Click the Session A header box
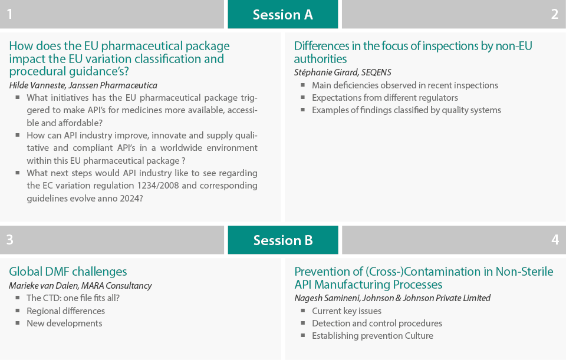click(282, 14)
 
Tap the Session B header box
click(283, 240)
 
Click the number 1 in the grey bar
click(10, 14)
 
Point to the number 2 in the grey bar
click(555, 14)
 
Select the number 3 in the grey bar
click(10, 240)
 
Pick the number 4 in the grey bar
click(555, 240)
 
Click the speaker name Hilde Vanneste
click(37, 85)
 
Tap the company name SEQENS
click(376, 72)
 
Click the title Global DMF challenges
click(68, 271)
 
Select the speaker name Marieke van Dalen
click(43, 286)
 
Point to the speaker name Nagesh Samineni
click(327, 298)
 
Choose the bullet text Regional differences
click(65, 311)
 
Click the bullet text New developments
click(64, 323)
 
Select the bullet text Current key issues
click(347, 311)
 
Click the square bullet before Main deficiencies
click(302, 85)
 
